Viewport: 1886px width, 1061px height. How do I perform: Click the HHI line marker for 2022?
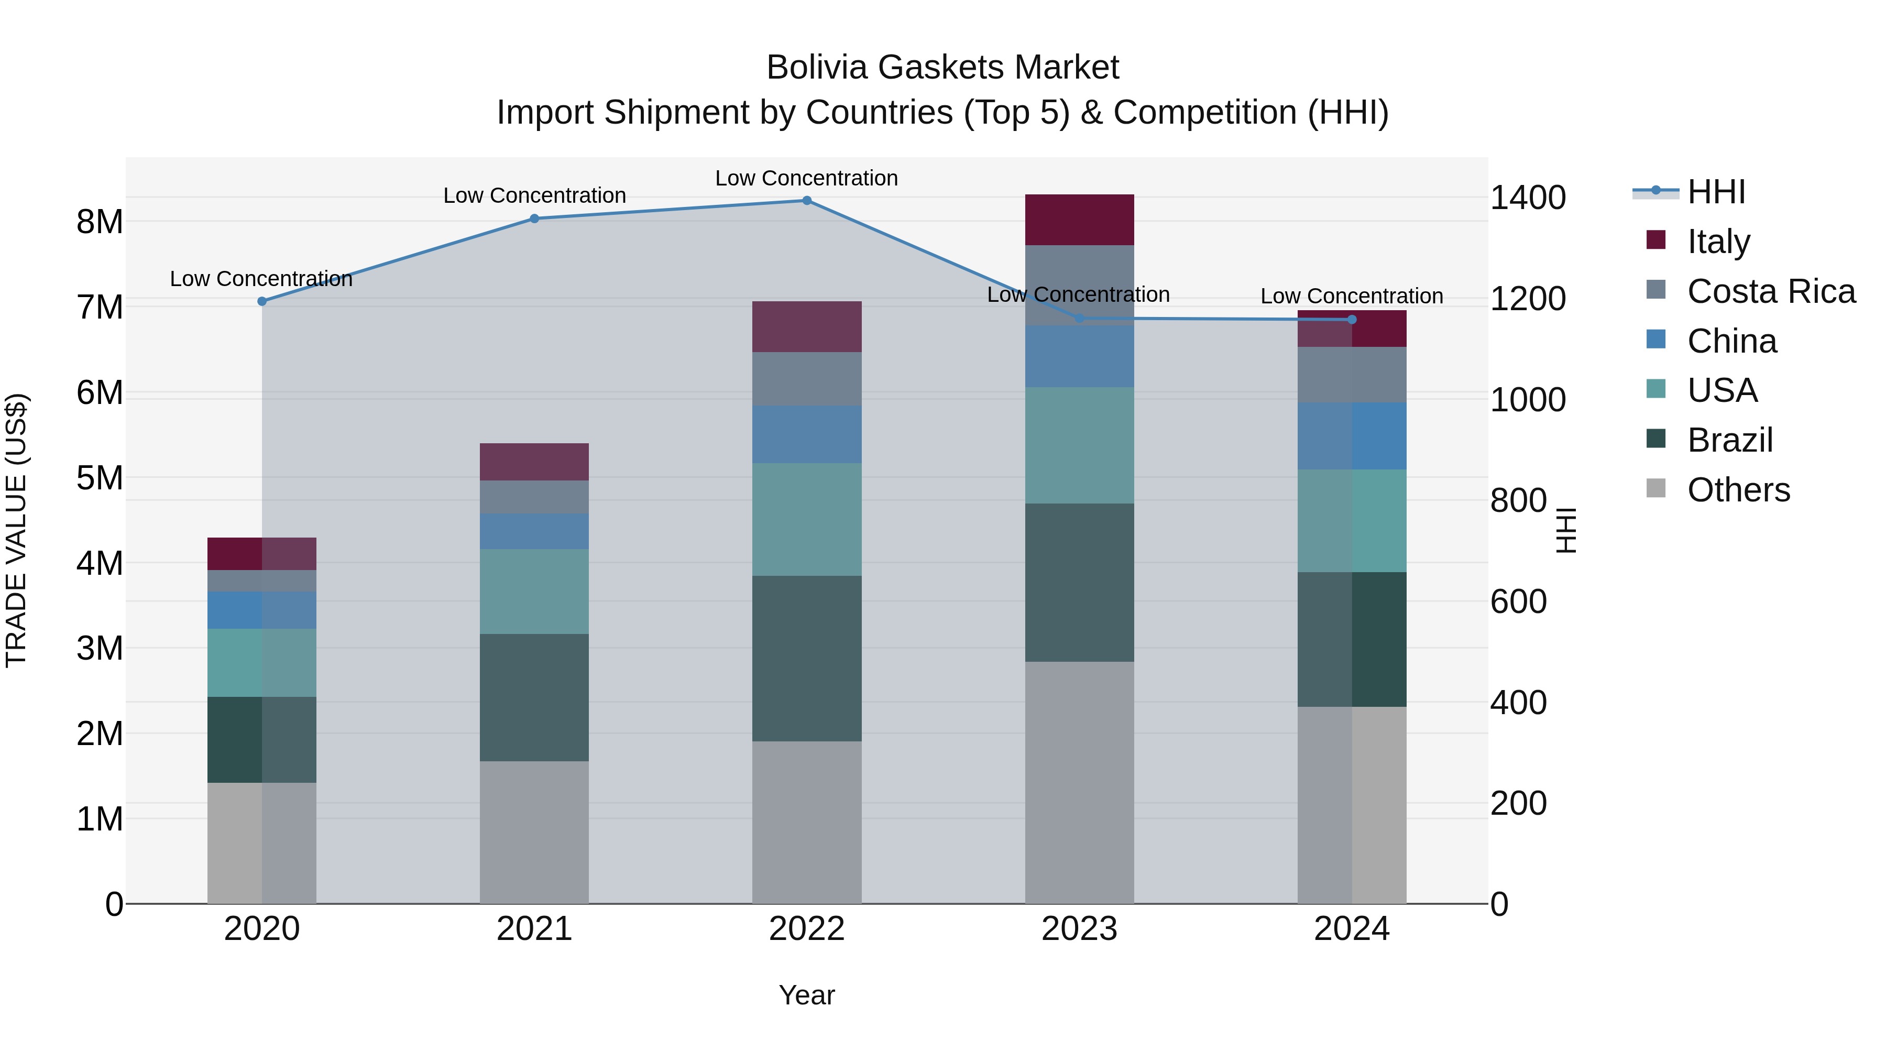(x=807, y=201)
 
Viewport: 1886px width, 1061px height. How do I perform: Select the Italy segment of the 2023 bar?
(x=1079, y=220)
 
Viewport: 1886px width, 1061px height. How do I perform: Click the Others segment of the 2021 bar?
(x=534, y=833)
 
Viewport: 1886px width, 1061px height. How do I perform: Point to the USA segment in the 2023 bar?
(x=1079, y=445)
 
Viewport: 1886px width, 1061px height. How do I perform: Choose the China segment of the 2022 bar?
(x=807, y=434)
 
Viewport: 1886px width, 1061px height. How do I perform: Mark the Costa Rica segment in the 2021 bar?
(x=534, y=497)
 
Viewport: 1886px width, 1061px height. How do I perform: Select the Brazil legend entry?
(x=1729, y=440)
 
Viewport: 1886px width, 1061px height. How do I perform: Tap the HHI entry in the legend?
(x=1715, y=192)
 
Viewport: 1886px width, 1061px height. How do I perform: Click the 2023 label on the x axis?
(x=1079, y=929)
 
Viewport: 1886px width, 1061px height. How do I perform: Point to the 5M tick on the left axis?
(x=100, y=478)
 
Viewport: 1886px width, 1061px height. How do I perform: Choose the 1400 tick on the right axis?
(x=1528, y=198)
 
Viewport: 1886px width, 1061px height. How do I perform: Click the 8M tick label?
(x=100, y=221)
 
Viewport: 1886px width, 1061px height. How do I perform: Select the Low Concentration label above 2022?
(x=806, y=178)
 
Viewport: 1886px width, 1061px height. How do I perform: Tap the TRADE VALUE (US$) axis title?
(x=16, y=530)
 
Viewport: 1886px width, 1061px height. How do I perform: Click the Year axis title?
(x=807, y=995)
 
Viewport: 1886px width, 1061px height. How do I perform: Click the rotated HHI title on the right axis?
(x=1566, y=530)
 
